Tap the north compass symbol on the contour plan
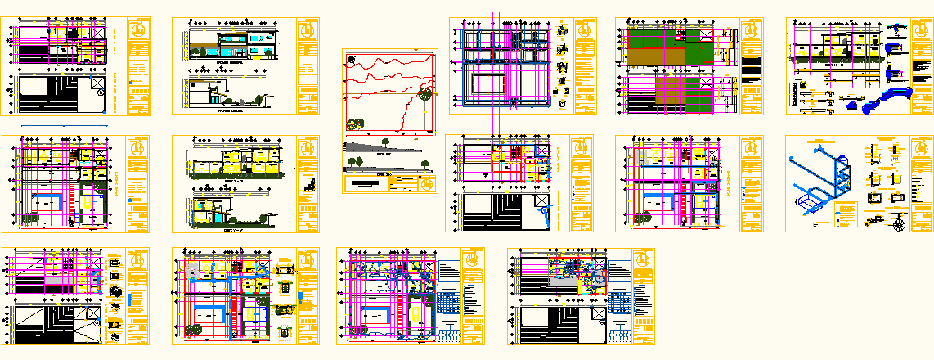point(351,59)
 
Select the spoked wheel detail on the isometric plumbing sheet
point(900,222)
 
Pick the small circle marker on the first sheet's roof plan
point(100,93)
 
